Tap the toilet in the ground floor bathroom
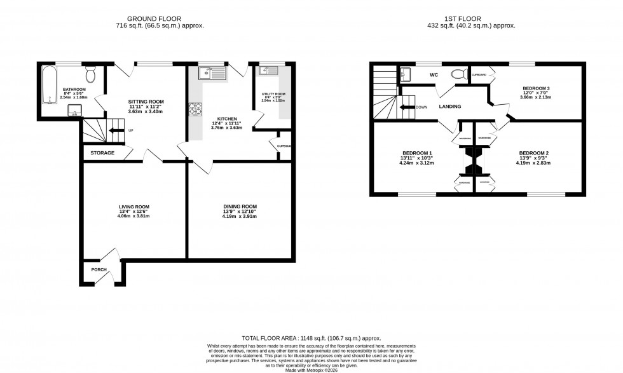coord(90,75)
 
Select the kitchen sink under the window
coord(212,74)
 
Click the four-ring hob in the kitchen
coord(195,110)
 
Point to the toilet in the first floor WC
coord(457,74)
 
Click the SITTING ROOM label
coord(146,101)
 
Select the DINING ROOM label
coord(240,206)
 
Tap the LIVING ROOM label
coord(133,207)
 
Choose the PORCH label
coord(99,269)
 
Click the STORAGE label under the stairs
coord(102,153)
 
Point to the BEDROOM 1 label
coord(417,153)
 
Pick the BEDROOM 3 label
coord(537,88)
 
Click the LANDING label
coord(449,107)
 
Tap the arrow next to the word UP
coord(116,131)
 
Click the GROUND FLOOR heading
coord(147,18)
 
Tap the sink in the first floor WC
coord(406,75)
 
